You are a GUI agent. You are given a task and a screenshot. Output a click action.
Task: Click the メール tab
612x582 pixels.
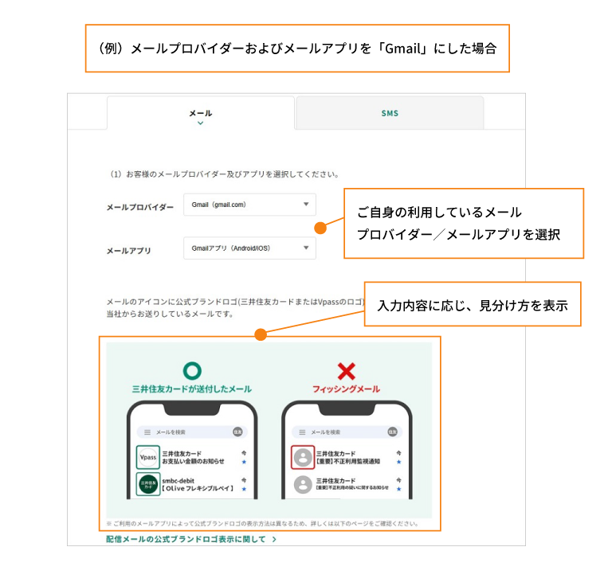click(201, 113)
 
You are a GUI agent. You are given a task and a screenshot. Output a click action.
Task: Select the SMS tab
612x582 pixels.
click(389, 113)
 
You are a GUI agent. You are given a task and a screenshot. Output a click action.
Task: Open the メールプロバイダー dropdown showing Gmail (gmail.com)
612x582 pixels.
click(249, 205)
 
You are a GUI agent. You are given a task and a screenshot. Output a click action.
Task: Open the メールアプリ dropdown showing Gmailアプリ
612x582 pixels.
click(249, 248)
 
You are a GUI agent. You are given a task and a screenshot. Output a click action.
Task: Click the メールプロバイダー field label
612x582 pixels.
click(139, 207)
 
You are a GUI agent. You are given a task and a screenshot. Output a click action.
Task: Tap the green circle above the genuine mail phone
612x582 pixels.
click(192, 370)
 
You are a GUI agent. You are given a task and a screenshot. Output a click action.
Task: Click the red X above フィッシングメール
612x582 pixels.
click(346, 370)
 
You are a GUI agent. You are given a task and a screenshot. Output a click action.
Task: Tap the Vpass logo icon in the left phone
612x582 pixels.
click(147, 458)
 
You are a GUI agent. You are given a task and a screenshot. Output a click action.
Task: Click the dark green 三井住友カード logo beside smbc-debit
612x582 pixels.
click(147, 485)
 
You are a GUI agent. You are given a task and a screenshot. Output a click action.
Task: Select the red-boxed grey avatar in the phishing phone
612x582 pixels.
click(303, 458)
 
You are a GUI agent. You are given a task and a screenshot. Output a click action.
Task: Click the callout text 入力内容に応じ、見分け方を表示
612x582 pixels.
click(473, 305)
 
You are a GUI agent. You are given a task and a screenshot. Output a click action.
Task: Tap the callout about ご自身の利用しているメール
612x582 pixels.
click(463, 224)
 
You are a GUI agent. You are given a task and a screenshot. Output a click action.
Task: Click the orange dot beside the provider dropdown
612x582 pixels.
click(320, 228)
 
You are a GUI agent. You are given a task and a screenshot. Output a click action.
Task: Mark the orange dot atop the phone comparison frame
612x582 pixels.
click(260, 335)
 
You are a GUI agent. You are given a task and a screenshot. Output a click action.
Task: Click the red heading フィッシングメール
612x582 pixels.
click(346, 389)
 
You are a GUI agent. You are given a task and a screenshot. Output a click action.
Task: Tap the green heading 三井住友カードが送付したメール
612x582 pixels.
click(192, 389)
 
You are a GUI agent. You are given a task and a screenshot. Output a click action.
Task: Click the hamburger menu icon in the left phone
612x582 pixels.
click(147, 432)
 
